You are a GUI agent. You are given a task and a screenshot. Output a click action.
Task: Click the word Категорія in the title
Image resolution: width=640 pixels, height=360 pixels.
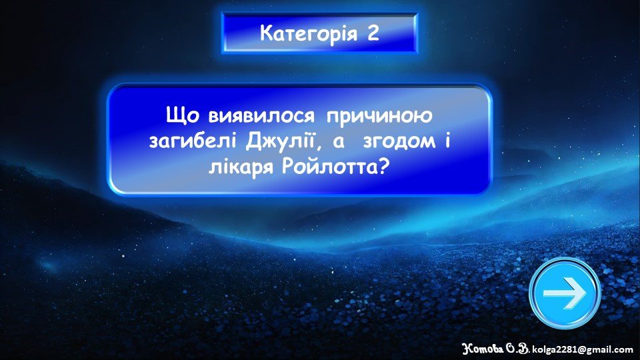point(309,33)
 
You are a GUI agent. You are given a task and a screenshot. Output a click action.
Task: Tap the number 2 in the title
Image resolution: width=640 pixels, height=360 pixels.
point(373,33)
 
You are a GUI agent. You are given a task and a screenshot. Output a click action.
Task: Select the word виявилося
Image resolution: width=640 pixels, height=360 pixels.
point(261,116)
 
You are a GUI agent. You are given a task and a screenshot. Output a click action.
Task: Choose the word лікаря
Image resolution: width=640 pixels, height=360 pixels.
point(241,167)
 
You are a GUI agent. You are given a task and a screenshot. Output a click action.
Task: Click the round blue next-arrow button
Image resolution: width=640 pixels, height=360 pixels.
point(565,293)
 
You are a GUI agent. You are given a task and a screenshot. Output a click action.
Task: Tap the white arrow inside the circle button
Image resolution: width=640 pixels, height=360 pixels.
point(565,293)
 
